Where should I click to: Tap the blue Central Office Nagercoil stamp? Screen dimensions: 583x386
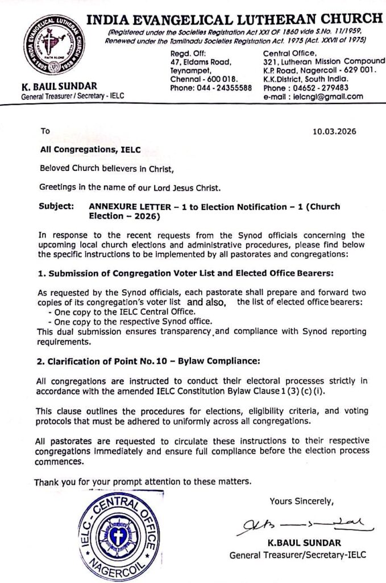[118, 535]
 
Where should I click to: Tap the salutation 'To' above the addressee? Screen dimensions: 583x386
[45, 130]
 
